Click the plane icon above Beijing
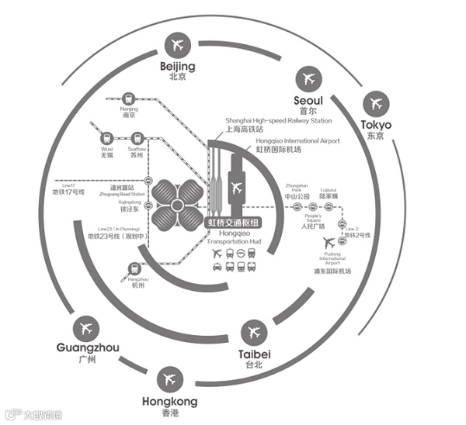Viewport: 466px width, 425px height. (x=176, y=45)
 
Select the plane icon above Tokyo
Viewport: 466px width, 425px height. (x=377, y=103)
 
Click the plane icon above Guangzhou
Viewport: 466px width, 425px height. (x=86, y=327)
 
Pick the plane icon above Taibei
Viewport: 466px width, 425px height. (x=253, y=333)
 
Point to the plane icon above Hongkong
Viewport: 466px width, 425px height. (x=169, y=380)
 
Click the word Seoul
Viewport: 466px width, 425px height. (x=308, y=100)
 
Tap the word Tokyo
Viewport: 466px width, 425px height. (x=376, y=125)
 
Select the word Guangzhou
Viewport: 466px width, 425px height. (x=88, y=348)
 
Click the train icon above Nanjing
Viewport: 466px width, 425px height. (x=129, y=99)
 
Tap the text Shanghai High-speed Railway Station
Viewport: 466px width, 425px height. (x=278, y=121)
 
